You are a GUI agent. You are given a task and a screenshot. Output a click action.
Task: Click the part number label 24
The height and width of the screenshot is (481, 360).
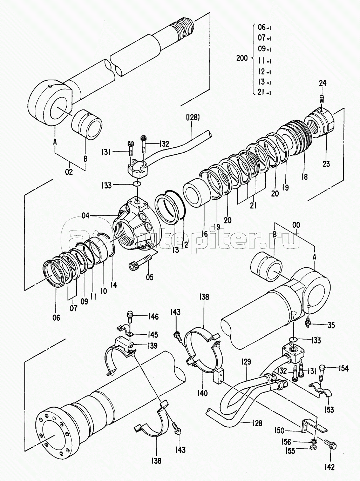tap(322, 83)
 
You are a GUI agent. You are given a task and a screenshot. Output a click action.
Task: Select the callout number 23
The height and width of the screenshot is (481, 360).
tap(326, 164)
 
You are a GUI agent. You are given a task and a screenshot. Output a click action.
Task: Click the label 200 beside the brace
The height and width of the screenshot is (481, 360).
tap(242, 58)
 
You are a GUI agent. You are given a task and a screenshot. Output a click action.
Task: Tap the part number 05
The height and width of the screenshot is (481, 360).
tap(150, 278)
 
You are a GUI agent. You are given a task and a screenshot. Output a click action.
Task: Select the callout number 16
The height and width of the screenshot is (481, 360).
tap(204, 234)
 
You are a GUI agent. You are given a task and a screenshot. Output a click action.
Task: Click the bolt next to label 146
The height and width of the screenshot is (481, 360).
tap(130, 317)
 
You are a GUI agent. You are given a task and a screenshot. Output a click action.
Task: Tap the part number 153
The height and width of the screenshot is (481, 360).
tap(330, 409)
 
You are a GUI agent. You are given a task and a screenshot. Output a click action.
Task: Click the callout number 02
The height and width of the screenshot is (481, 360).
tap(69, 172)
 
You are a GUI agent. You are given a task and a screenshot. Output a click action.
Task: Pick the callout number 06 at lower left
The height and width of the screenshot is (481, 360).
tap(56, 318)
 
